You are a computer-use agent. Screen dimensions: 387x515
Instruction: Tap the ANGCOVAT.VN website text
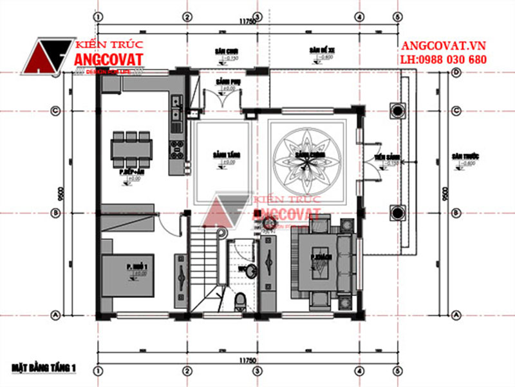[443, 46]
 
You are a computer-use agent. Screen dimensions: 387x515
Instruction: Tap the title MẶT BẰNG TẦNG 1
[44, 368]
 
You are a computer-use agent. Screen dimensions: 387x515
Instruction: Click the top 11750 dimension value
[247, 21]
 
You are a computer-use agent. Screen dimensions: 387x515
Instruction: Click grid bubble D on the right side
[455, 74]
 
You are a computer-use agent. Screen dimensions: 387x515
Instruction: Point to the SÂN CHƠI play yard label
[224, 50]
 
